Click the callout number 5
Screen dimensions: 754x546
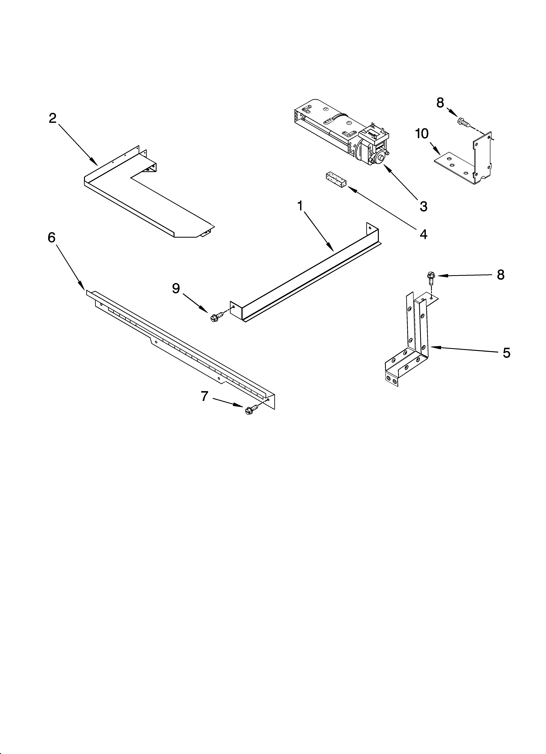coord(506,353)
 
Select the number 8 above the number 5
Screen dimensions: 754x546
coord(501,275)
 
